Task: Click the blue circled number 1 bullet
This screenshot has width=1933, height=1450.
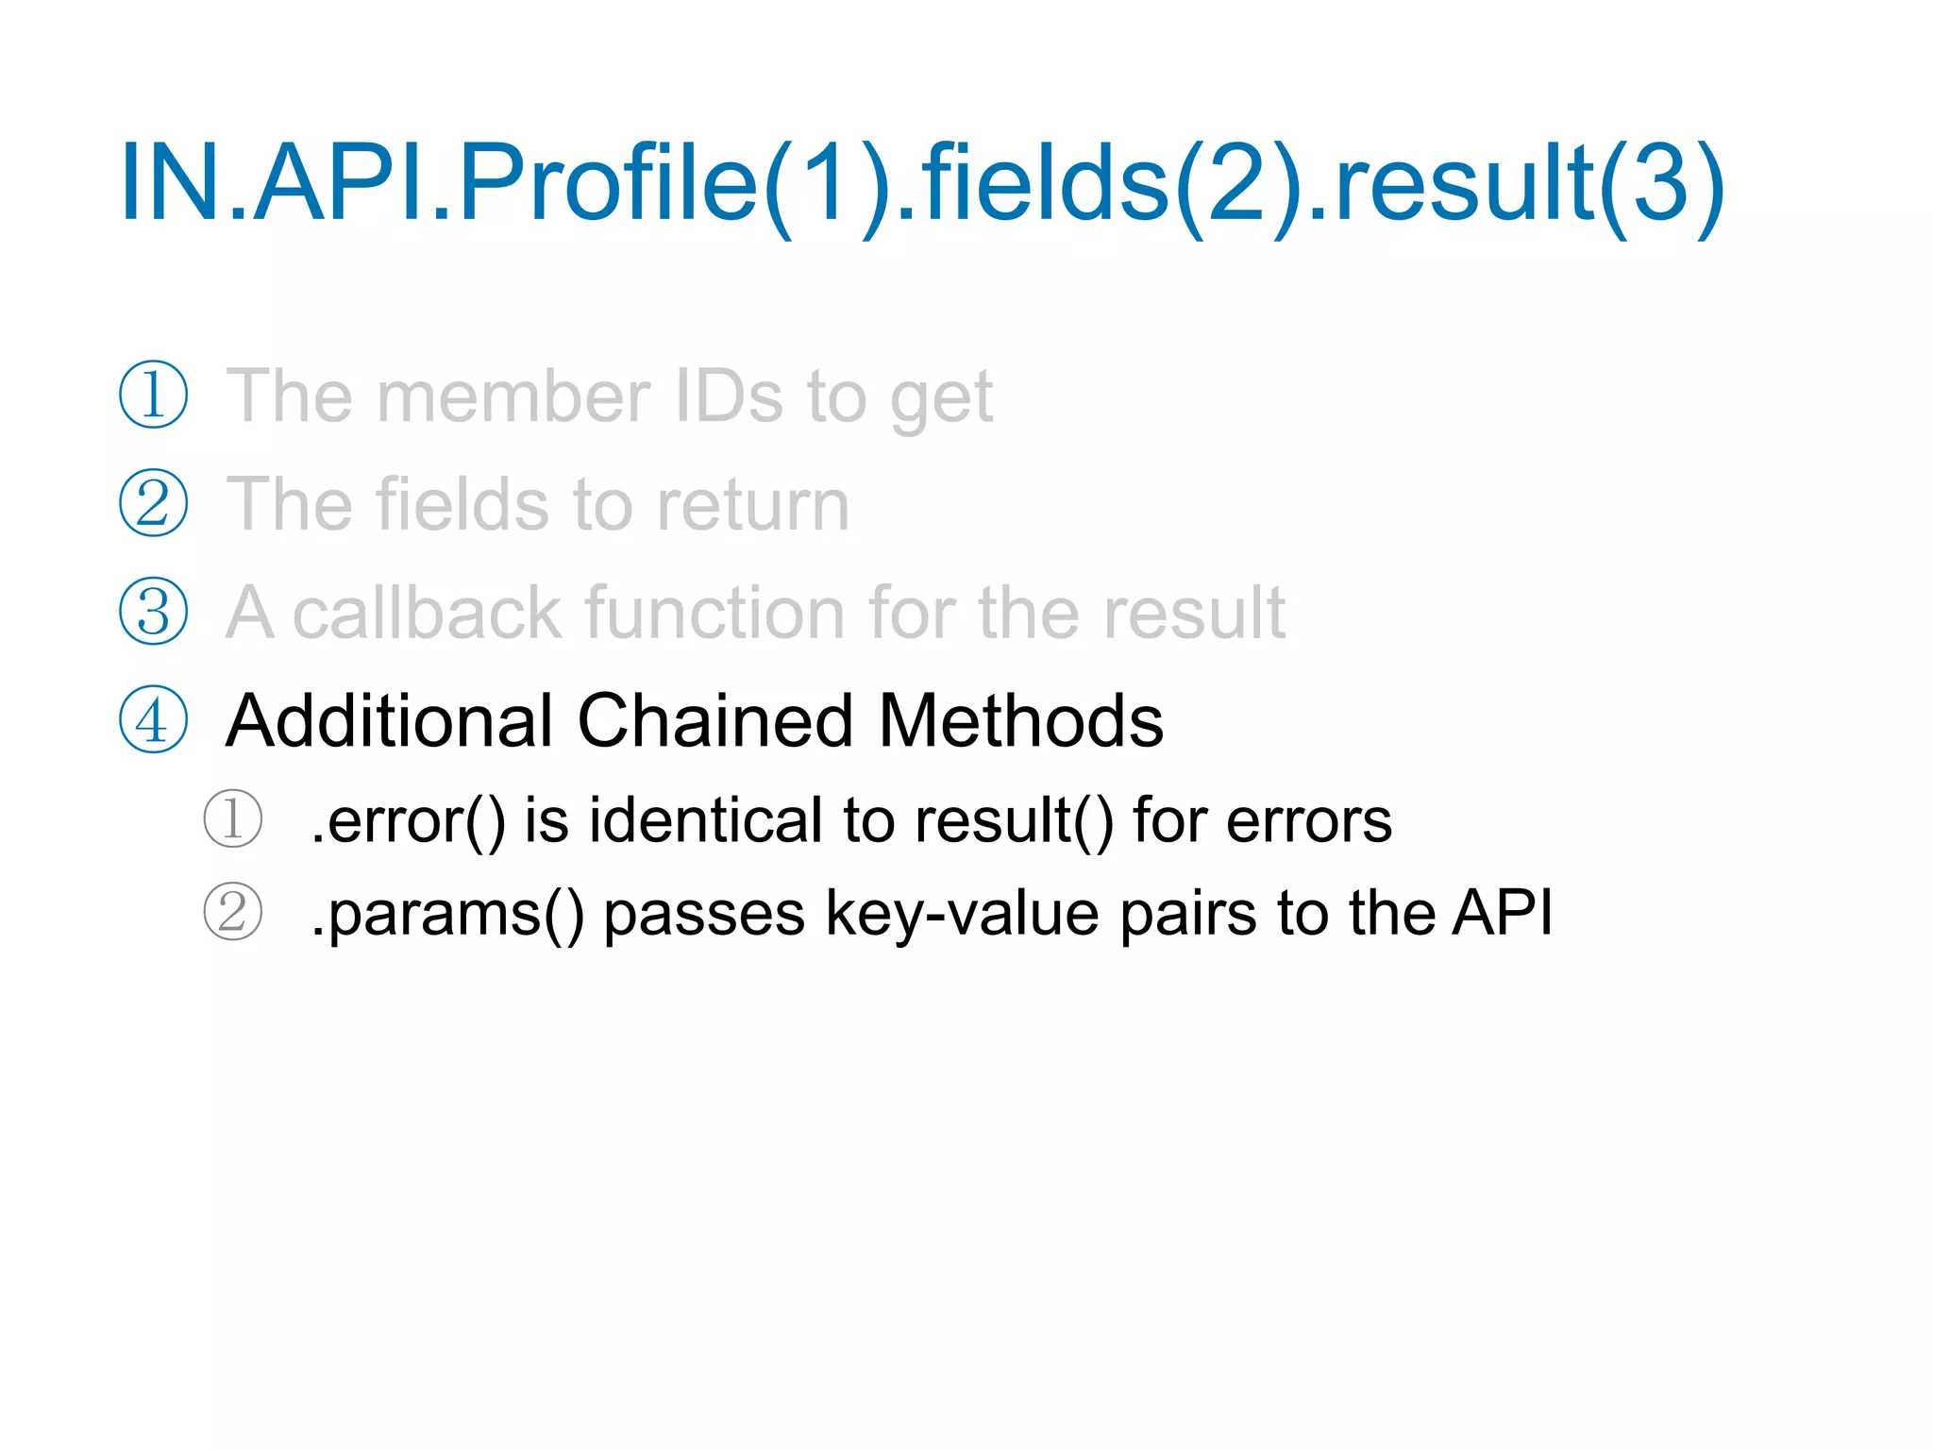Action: click(153, 396)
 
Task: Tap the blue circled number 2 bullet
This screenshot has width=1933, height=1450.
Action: click(153, 503)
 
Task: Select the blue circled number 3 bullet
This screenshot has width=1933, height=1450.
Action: click(153, 612)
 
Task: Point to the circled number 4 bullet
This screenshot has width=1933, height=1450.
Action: click(153, 720)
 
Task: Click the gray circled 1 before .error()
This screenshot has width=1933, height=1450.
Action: click(232, 818)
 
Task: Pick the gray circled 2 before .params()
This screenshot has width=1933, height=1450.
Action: click(232, 912)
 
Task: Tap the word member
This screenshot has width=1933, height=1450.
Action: click(513, 396)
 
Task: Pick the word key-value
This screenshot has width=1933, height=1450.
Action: click(962, 913)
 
